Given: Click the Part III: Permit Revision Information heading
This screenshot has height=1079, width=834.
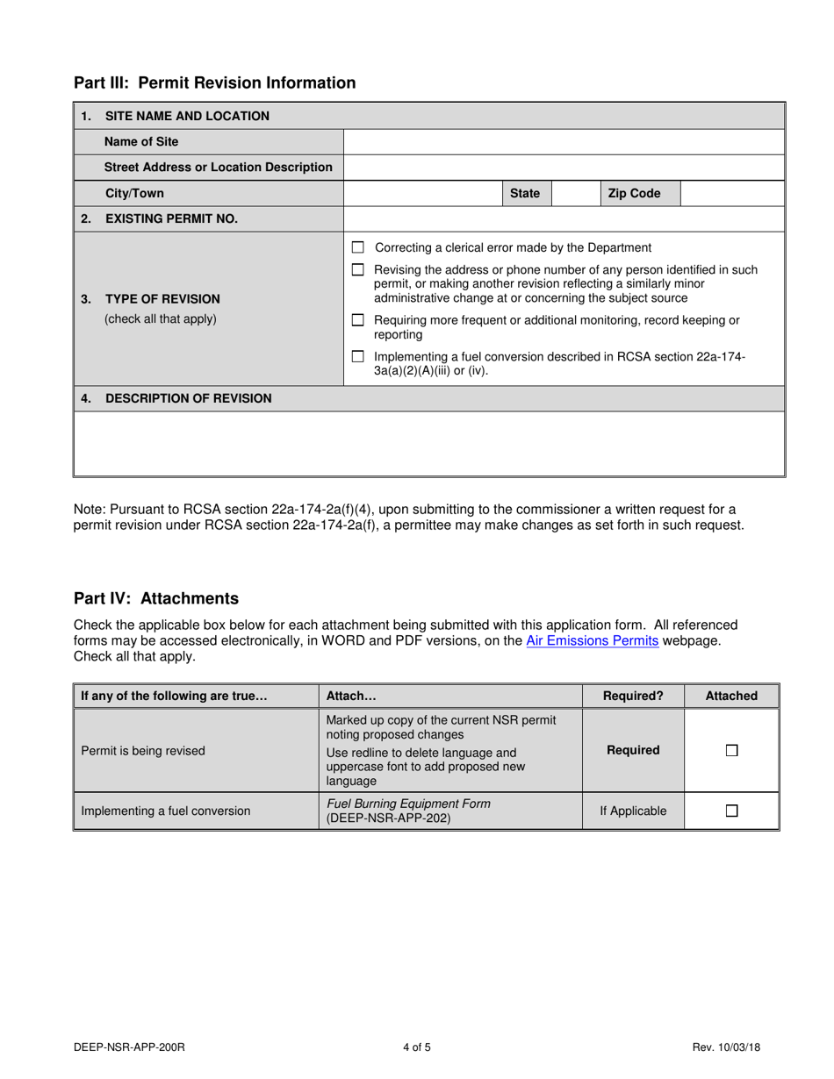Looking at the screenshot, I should [214, 83].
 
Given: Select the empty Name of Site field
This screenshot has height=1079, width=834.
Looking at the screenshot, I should [564, 142].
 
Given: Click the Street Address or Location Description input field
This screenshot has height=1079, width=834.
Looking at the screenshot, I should [564, 168].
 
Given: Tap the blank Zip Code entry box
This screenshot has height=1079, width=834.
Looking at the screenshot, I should [732, 194].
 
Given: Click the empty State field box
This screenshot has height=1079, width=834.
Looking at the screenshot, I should [575, 194].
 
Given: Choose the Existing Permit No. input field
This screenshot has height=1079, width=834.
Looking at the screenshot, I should [564, 219].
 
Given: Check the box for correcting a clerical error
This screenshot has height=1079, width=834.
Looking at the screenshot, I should [358, 248].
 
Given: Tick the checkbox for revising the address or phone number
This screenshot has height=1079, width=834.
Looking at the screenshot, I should [358, 270].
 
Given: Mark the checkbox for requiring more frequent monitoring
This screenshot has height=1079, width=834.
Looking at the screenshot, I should [358, 321].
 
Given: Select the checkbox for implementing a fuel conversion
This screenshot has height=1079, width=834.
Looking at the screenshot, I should [358, 357].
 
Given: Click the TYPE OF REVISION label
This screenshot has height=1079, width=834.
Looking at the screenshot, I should [162, 299].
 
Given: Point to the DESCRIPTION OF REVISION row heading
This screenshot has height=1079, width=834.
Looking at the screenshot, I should [188, 399].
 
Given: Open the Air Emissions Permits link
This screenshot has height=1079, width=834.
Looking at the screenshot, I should [592, 641].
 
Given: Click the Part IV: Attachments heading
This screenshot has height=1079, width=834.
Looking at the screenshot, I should [156, 599].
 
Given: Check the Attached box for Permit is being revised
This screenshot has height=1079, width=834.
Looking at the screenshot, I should [731, 751].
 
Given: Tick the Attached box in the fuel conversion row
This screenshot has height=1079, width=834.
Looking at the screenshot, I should [731, 811].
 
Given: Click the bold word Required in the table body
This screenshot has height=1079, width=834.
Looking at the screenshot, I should [633, 751].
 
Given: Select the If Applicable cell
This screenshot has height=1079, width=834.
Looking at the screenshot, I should [633, 811].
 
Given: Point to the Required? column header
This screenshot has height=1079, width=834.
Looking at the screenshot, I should [633, 697].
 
